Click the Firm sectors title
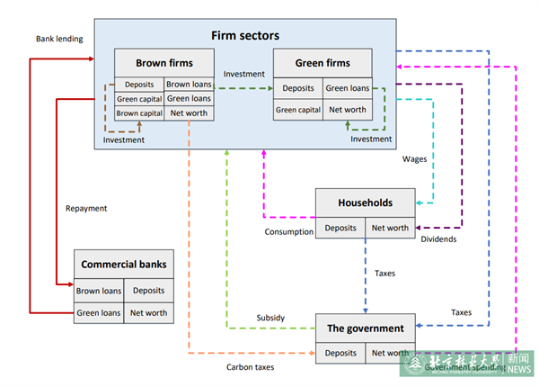tap(245, 36)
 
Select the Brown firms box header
tap(163, 63)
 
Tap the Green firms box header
tap(323, 63)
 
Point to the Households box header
tap(365, 203)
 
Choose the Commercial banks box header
tap(124, 265)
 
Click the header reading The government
tap(365, 328)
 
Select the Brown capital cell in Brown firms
tap(139, 113)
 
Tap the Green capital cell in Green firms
tap(298, 110)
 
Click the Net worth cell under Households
tap(390, 228)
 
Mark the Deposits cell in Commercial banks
tap(148, 291)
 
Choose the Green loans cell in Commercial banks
tap(99, 313)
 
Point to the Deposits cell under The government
tap(340, 353)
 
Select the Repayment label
tap(86, 208)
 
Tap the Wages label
tap(414, 158)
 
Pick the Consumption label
tap(288, 232)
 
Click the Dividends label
tap(439, 239)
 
